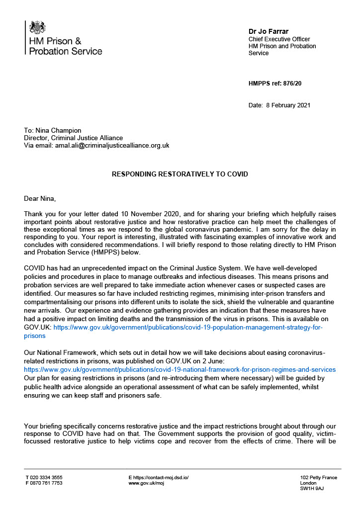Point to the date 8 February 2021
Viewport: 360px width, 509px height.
point(289,105)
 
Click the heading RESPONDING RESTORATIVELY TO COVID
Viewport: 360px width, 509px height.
point(180,174)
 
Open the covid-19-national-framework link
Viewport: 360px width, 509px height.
point(180,370)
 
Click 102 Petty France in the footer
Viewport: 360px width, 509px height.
point(318,478)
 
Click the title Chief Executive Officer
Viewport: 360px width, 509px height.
point(279,39)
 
